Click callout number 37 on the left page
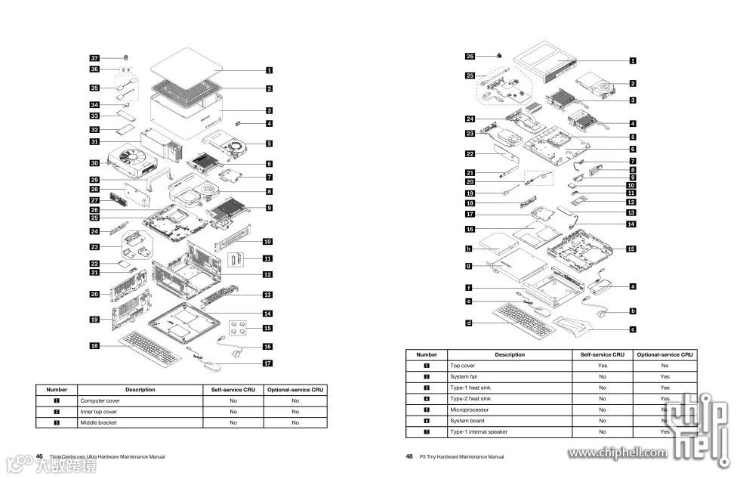point(95,58)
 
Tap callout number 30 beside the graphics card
point(95,163)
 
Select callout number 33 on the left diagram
point(95,116)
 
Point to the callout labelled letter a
point(633,286)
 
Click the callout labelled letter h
point(469,249)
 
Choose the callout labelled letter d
point(469,323)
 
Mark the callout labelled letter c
point(633,329)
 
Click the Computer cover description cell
point(100,400)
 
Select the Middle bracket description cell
point(97,423)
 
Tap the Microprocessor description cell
point(468,409)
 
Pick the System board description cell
point(467,420)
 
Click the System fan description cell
point(464,376)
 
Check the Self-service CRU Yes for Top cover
point(603,365)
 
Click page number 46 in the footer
point(39,456)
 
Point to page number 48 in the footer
point(409,456)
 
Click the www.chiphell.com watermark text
point(618,453)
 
